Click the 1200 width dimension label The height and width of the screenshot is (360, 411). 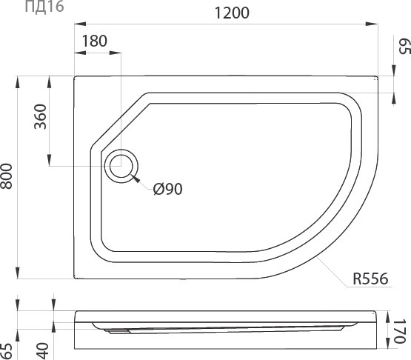[232, 13]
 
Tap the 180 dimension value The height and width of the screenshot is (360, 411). [95, 41]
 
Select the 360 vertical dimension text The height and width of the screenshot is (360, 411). [41, 117]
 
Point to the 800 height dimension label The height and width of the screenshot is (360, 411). [6, 176]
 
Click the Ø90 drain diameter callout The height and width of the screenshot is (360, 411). [168, 189]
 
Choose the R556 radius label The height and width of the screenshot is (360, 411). [370, 279]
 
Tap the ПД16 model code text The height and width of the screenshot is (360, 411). [44, 6]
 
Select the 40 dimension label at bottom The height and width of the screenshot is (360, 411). [42, 351]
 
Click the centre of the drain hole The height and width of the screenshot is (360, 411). [121, 166]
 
